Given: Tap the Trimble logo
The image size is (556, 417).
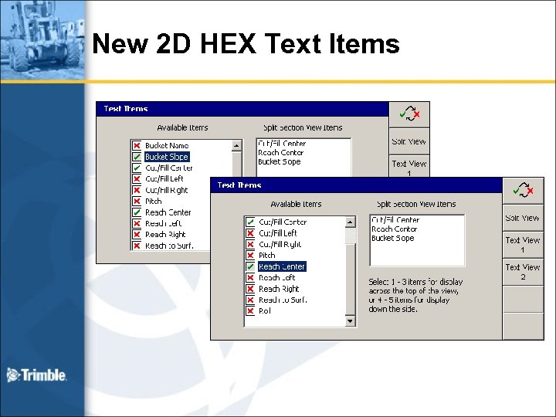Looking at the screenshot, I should pyautogui.click(x=36, y=375).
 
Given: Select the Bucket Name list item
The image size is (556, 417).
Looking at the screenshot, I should pyautogui.click(x=167, y=145).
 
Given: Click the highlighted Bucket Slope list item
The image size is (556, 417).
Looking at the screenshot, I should pyautogui.click(x=167, y=157).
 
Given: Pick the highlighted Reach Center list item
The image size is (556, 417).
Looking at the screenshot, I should pyautogui.click(x=282, y=266).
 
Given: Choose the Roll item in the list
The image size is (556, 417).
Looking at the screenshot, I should pyautogui.click(x=265, y=311).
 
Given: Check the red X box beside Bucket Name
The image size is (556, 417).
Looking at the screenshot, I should pyautogui.click(x=137, y=145).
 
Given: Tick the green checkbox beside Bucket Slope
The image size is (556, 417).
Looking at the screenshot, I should pyautogui.click(x=137, y=157).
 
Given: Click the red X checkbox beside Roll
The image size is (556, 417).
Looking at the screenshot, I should pyautogui.click(x=250, y=311).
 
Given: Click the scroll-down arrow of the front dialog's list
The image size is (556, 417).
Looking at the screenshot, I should pyautogui.click(x=351, y=320).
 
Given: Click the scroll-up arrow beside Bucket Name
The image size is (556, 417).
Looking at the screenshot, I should pyautogui.click(x=237, y=145).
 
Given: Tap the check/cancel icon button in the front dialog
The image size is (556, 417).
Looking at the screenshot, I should pyautogui.click(x=523, y=191).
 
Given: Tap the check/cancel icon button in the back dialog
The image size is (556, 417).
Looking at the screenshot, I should pyautogui.click(x=409, y=114).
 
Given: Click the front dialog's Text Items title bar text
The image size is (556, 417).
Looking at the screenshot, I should pyautogui.click(x=239, y=185).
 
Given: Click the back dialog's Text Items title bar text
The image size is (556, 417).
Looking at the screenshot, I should pyautogui.click(x=126, y=109).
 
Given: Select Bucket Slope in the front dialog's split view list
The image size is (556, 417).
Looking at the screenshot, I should pyautogui.click(x=393, y=239).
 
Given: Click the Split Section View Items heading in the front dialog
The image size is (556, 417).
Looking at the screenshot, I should pyautogui.click(x=416, y=204).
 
